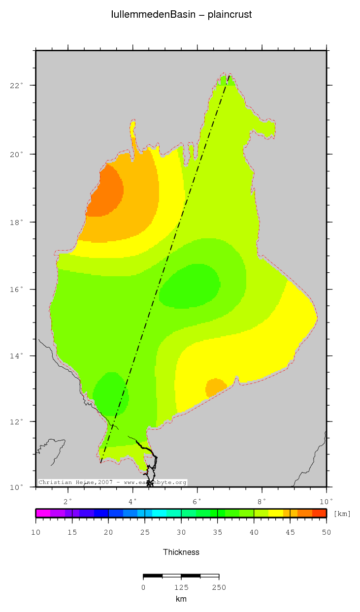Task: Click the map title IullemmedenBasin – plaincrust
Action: point(181,15)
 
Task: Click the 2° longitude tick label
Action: point(68,501)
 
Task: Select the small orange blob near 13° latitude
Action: point(215,387)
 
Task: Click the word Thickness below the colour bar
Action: point(181,552)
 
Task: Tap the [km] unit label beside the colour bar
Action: point(342,514)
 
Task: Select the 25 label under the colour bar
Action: point(145,532)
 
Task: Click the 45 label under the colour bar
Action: point(290,532)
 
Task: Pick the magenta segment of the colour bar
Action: point(43,513)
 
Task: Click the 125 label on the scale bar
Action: point(181,587)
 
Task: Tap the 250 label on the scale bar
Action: point(219,587)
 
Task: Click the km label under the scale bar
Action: point(181,599)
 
